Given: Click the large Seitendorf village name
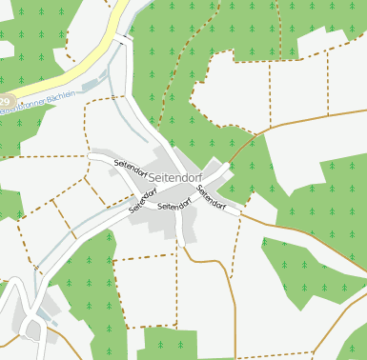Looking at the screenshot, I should coord(175,177).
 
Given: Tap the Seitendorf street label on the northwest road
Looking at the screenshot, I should coord(134,164).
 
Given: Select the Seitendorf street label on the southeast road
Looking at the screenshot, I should coord(211,196).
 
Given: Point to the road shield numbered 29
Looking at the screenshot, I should coord(5,101).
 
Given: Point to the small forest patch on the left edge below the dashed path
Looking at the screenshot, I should coord(10,204).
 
